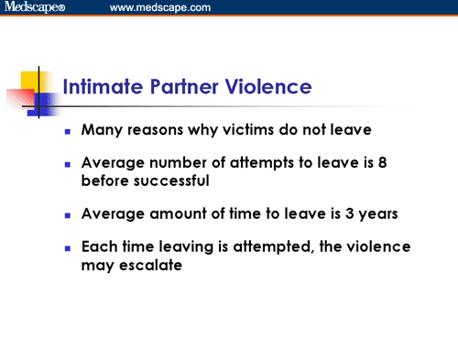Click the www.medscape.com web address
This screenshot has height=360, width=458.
pyautogui.click(x=159, y=8)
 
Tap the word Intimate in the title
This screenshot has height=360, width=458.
pyautogui.click(x=98, y=88)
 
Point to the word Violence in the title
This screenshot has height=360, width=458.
pyautogui.click(x=270, y=88)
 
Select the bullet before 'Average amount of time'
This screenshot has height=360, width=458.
pyautogui.click(x=68, y=216)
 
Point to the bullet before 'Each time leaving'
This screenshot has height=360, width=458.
pyautogui.click(x=68, y=249)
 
